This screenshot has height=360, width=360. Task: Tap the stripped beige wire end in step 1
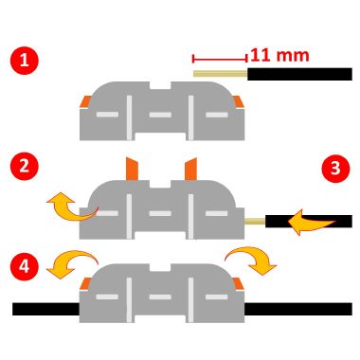point(221,72)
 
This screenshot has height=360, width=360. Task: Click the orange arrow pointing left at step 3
point(310,223)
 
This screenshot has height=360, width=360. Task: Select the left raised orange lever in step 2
point(130,170)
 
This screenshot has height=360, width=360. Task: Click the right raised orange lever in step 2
point(189,169)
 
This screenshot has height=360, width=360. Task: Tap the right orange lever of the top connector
point(237,101)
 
